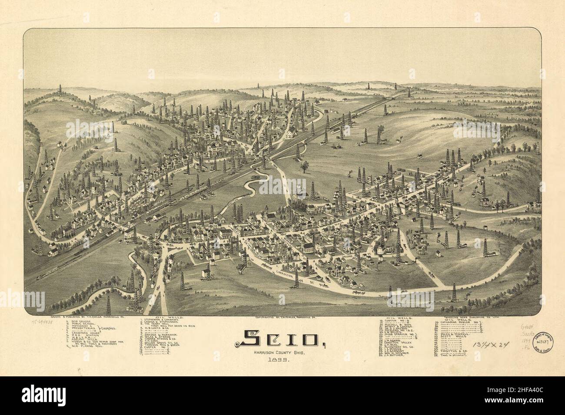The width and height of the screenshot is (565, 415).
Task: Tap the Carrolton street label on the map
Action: pyautogui.click(x=285, y=277)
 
